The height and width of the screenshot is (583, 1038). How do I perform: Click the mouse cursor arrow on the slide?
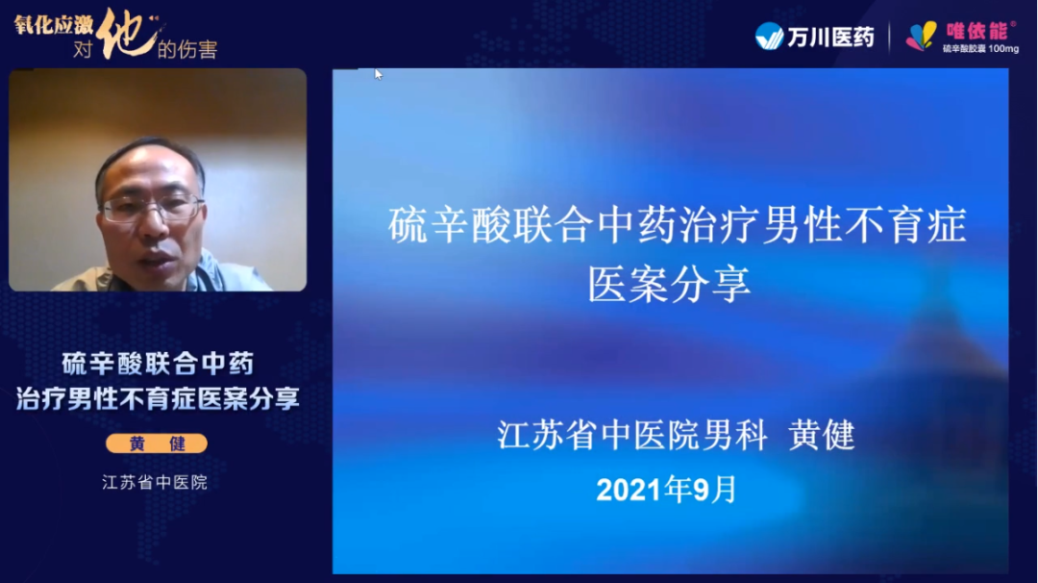378,74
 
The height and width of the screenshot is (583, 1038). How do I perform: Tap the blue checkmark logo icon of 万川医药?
769,37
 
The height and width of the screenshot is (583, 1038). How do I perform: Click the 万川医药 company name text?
830,38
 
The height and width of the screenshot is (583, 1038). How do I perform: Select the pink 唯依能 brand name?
976,31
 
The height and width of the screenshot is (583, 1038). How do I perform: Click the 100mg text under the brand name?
1003,48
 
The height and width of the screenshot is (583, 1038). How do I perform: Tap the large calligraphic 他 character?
127,33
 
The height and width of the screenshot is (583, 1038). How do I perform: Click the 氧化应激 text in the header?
54,25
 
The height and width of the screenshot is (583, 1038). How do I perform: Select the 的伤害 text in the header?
187,49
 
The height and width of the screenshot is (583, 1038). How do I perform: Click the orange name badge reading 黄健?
157,444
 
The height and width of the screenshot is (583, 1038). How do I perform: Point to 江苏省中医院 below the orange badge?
155,482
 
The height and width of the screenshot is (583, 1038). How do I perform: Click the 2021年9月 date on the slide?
666,491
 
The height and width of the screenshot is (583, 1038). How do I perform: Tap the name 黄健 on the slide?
822,435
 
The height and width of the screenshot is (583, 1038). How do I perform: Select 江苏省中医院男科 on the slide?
632,435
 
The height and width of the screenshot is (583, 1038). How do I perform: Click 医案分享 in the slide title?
669,284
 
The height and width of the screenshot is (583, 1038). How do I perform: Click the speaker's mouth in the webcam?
157,260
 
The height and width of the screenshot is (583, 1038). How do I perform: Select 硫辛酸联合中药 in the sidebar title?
158,364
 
